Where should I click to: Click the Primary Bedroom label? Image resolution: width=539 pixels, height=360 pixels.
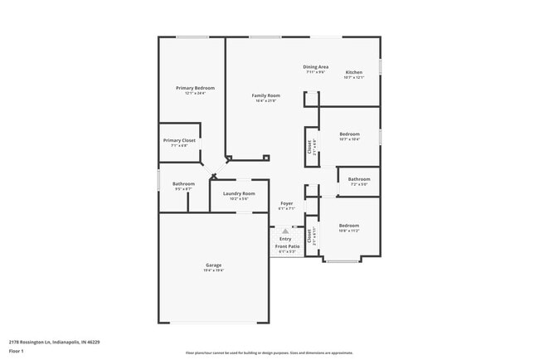coord(195,88)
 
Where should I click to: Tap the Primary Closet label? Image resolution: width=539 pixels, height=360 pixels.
coord(179,140)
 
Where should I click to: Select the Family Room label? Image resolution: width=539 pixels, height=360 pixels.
coord(266,95)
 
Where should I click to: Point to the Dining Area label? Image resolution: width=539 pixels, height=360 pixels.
coord(316,66)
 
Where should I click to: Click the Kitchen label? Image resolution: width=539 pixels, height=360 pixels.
coord(354,72)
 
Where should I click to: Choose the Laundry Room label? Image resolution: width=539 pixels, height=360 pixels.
coord(239,193)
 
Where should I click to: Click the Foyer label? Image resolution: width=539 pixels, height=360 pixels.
coord(287,203)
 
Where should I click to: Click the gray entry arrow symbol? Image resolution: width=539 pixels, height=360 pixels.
coord(286,231)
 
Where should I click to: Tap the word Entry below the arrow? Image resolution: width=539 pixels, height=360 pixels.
coord(286,239)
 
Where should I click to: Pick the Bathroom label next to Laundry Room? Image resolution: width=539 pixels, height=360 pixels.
coord(183,183)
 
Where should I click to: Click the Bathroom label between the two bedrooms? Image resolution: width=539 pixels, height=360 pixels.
coord(359,179)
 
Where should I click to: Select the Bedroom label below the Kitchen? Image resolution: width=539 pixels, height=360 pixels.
coord(349,134)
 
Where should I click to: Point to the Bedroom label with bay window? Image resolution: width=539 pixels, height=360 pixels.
coord(348,226)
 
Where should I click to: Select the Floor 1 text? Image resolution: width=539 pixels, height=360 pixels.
coord(17,351)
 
